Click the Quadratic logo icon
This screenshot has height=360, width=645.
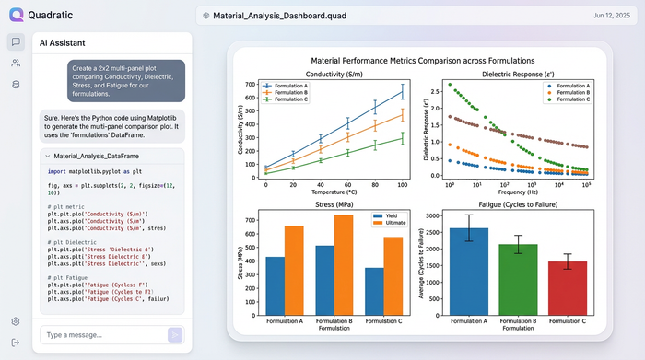(16, 15)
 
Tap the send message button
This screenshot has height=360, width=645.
(174, 334)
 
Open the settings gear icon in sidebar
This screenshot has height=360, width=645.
(15, 321)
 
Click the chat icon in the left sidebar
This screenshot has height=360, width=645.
(15, 41)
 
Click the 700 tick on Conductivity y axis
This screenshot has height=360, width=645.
(252, 84)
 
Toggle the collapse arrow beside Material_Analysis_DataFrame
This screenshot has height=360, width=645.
(47, 157)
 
